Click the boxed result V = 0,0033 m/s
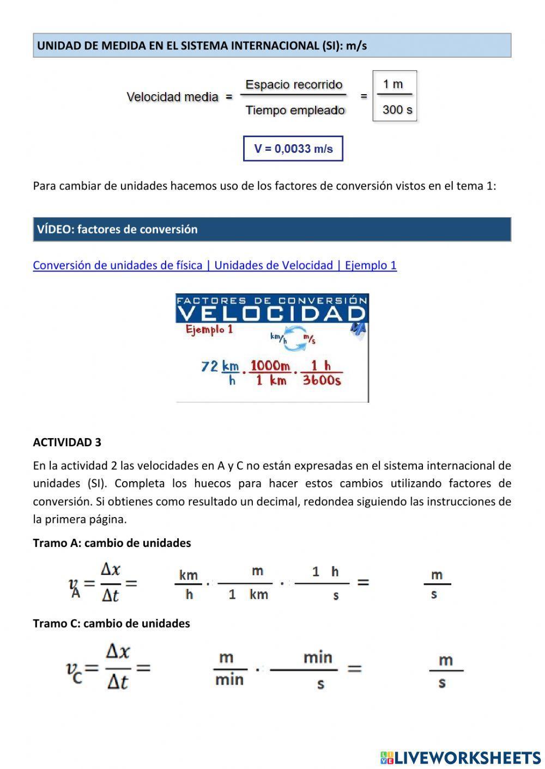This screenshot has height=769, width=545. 293,149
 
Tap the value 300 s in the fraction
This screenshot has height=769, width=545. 397,109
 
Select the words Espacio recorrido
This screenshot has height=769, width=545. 294,84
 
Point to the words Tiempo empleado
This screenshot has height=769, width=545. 295,110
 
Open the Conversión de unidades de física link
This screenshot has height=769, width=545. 214,266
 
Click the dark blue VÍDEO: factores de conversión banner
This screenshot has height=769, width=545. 271,229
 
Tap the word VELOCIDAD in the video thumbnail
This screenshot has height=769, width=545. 271,313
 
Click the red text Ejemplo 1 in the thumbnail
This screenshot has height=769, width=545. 209,329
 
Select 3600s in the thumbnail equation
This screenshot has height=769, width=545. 322,380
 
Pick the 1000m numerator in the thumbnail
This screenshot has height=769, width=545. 270,365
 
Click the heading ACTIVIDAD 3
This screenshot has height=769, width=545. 67,442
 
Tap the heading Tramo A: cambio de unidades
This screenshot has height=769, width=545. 112,543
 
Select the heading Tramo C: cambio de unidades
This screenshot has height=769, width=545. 111,623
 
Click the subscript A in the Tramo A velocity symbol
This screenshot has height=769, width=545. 76,593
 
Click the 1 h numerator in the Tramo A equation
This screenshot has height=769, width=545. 325,571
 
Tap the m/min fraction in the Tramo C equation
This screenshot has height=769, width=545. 229,669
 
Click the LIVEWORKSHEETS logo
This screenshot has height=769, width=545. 460,757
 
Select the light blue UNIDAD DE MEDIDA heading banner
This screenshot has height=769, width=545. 271,46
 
